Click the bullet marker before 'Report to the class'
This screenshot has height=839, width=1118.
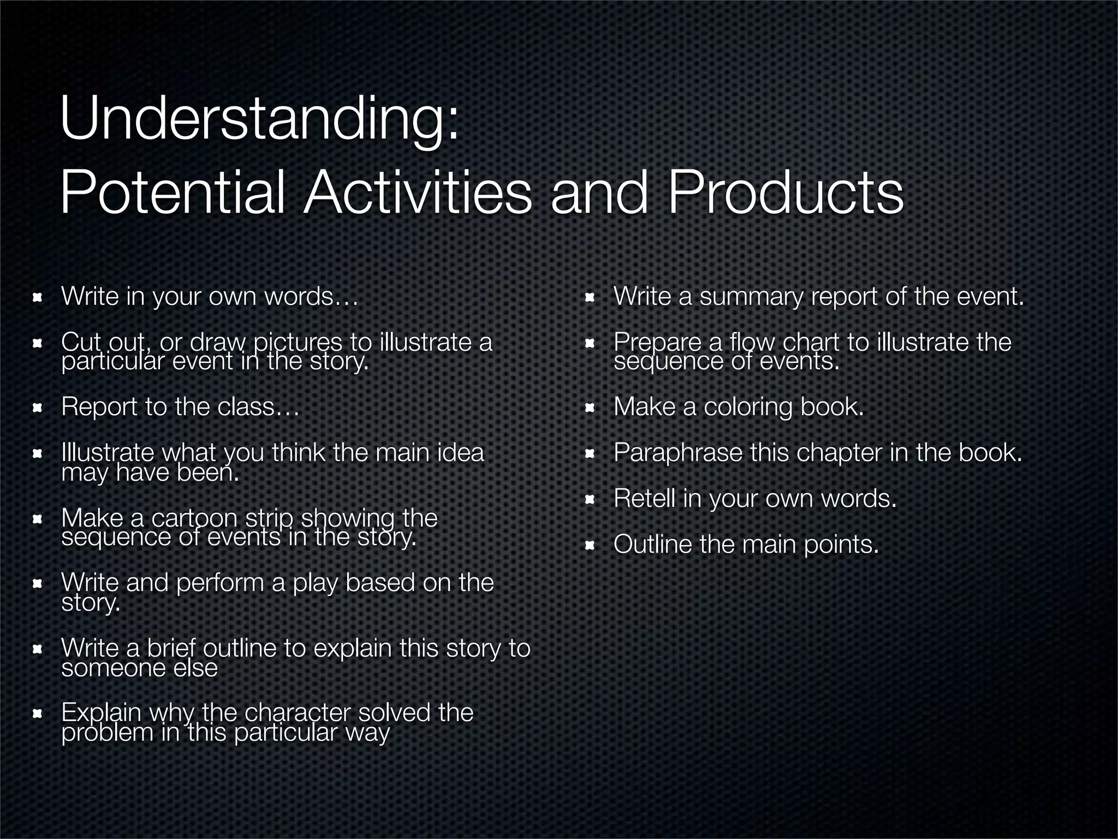click(38, 408)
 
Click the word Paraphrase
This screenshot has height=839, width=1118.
click(677, 453)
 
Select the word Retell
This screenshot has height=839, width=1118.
click(644, 498)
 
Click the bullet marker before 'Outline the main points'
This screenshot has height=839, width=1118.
click(590, 545)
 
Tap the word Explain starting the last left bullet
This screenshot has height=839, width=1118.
click(101, 713)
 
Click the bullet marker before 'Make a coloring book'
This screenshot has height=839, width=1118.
click(590, 408)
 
